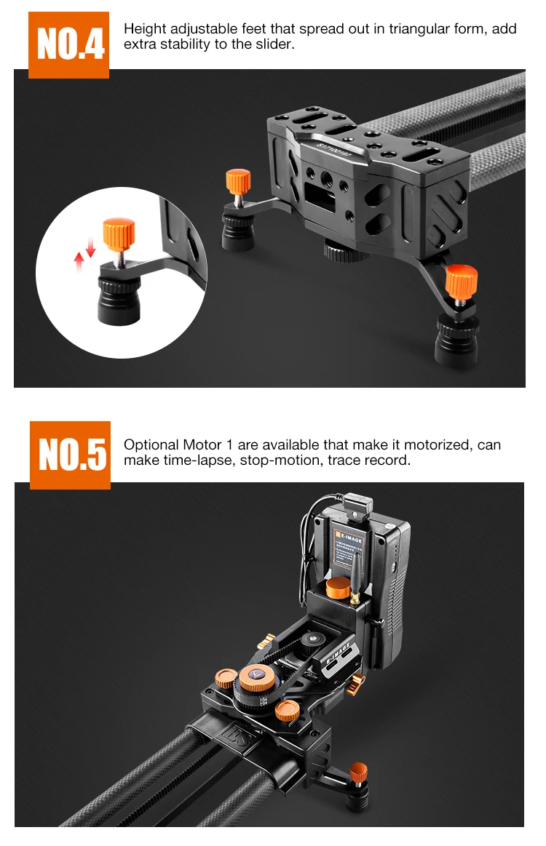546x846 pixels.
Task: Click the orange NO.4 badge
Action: tap(68, 45)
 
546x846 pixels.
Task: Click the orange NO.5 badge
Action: tap(70, 455)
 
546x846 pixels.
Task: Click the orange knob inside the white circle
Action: tap(119, 234)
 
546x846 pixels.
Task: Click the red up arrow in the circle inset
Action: tap(79, 262)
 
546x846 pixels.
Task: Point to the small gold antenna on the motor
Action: tap(356, 578)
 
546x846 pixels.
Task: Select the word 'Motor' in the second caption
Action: tap(202, 445)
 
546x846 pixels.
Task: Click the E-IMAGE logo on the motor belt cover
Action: tap(339, 653)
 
